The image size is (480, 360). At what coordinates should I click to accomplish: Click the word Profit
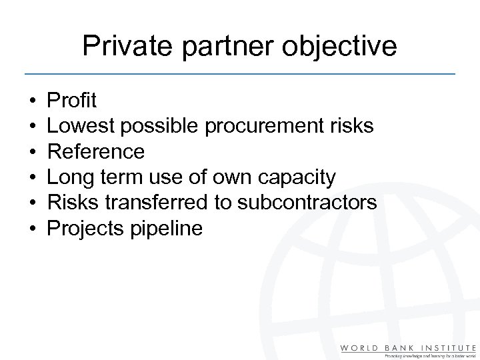pyautogui.click(x=71, y=101)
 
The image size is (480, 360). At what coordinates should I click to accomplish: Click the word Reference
pyautogui.click(x=95, y=152)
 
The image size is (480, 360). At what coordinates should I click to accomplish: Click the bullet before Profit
pyautogui.click(x=31, y=101)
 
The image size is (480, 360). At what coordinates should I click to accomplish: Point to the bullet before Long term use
pyautogui.click(x=31, y=178)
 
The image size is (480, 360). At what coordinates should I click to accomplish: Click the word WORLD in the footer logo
pyautogui.click(x=359, y=347)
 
